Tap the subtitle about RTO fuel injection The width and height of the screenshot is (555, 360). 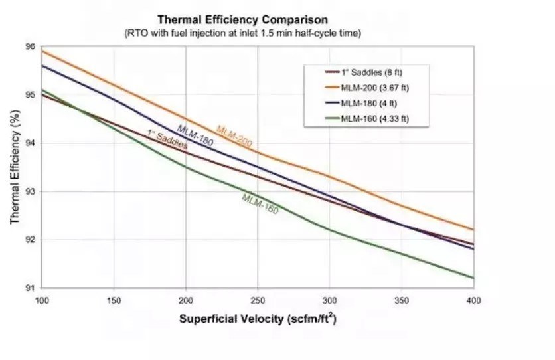(242, 32)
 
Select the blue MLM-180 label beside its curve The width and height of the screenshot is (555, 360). (195, 135)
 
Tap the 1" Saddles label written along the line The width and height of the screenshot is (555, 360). (167, 139)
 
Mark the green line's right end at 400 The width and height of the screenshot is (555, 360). (473, 278)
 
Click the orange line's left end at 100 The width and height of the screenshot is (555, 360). (42, 50)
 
